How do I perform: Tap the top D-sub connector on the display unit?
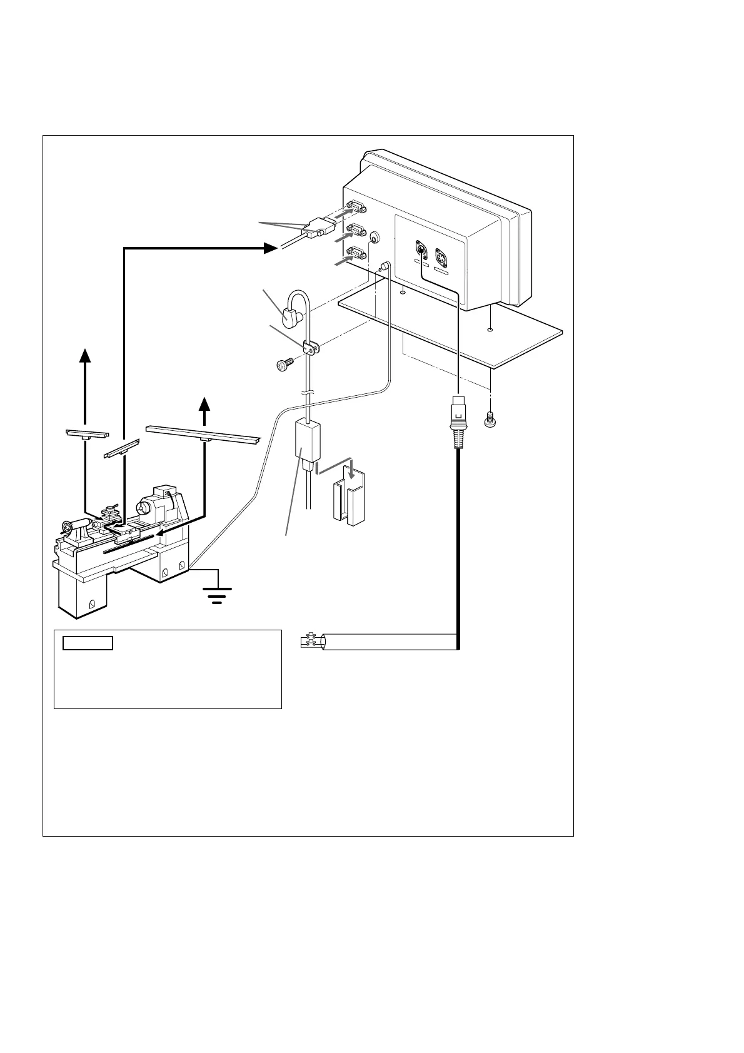click(x=356, y=208)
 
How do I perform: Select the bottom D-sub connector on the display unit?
click(x=356, y=253)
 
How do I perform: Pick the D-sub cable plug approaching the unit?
click(x=314, y=229)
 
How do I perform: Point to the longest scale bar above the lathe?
click(x=203, y=433)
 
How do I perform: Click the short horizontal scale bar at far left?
click(x=88, y=433)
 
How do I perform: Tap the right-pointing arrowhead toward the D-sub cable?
click(x=270, y=248)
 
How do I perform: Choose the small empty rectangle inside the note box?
click(x=87, y=643)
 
